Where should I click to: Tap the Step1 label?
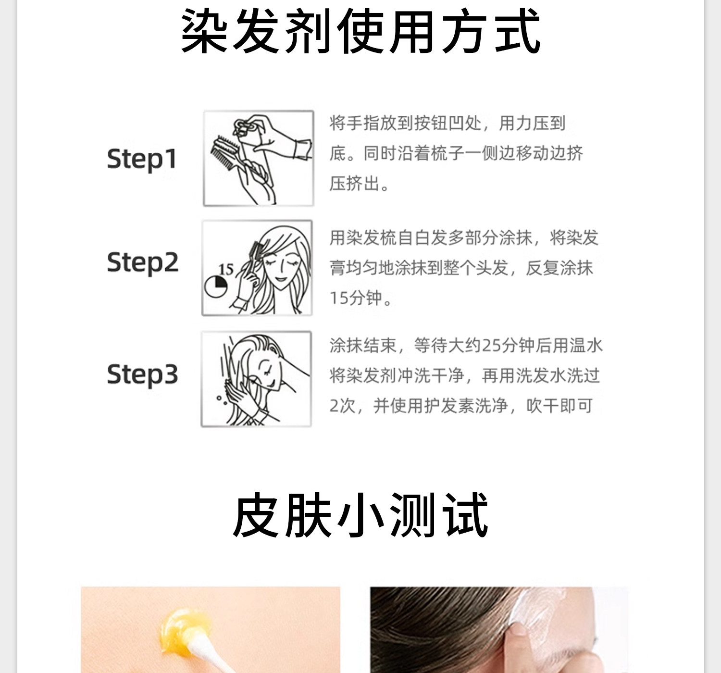pyautogui.click(x=142, y=159)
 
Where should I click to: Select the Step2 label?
pyautogui.click(x=142, y=263)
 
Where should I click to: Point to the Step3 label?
pyautogui.click(x=142, y=374)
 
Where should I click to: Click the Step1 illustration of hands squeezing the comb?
pyautogui.click(x=259, y=158)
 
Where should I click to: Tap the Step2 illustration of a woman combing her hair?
pyautogui.click(x=257, y=268)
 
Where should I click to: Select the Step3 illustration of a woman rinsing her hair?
pyautogui.click(x=256, y=379)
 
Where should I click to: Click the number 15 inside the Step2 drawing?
pyautogui.click(x=225, y=269)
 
